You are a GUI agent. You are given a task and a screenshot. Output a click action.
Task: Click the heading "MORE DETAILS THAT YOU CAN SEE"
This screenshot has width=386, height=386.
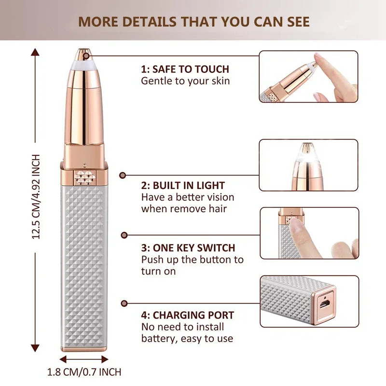click(194, 22)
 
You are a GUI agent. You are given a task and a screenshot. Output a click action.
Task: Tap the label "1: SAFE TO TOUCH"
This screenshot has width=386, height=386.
click(185, 69)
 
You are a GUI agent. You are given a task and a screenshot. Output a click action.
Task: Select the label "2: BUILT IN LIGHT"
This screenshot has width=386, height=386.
click(183, 185)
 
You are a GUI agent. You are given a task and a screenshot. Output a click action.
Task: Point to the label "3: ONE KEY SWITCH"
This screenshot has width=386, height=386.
click(188, 248)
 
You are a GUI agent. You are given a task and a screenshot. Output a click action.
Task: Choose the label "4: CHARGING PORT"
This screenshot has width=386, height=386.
click(187, 316)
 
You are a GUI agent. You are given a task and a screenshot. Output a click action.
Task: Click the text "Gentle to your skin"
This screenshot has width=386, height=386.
click(185, 81)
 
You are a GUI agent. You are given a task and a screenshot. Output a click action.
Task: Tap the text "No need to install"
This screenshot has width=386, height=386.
click(180, 327)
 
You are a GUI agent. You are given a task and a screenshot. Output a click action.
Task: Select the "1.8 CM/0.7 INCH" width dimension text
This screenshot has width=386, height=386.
click(84, 372)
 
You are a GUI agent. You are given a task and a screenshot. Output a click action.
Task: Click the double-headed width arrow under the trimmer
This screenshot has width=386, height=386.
click(84, 359)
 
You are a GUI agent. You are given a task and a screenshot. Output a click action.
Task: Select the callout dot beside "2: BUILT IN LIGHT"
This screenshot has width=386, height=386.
click(123, 176)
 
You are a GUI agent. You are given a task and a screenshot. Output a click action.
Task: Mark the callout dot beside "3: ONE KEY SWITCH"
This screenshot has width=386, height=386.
click(124, 235)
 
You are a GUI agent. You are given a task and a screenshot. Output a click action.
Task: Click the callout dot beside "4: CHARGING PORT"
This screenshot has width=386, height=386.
click(124, 303)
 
